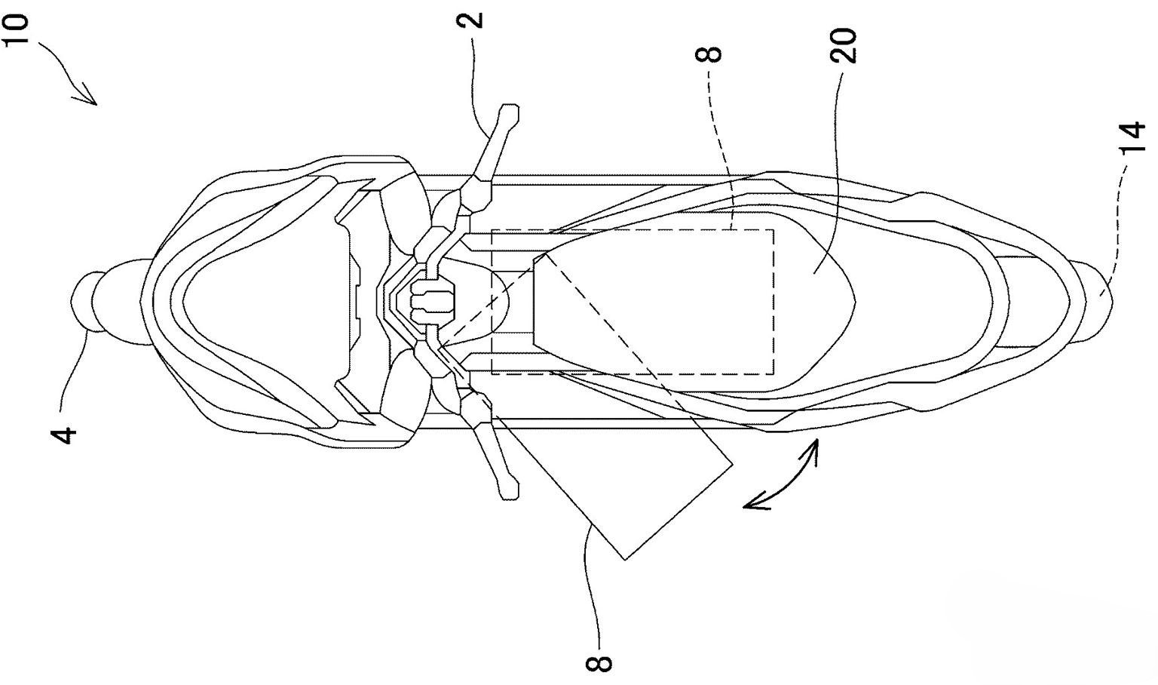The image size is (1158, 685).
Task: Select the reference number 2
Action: tap(470, 20)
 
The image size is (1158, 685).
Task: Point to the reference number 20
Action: tap(843, 45)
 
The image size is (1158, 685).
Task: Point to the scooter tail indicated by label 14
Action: tap(1092, 301)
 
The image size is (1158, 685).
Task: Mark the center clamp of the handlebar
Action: tap(431, 301)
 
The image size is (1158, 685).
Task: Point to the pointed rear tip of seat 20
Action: tap(856, 301)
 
